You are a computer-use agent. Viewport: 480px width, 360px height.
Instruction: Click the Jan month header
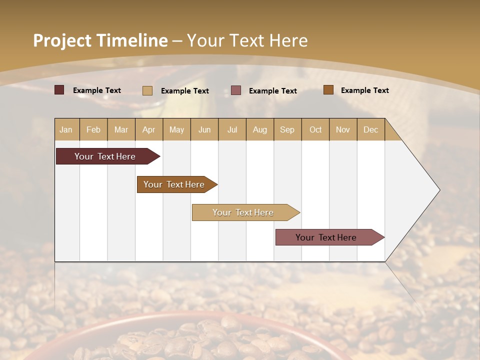(x=66, y=129)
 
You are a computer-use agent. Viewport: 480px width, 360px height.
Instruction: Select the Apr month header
(x=149, y=129)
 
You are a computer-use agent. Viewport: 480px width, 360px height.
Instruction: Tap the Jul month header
(x=232, y=129)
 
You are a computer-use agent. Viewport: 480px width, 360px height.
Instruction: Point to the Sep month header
(x=287, y=129)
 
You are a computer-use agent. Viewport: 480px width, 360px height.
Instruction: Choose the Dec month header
(x=370, y=129)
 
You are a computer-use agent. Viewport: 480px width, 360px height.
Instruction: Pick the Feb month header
(x=93, y=129)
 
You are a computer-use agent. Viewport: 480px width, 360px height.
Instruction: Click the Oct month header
(x=315, y=129)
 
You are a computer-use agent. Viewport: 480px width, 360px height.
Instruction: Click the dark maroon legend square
(x=59, y=90)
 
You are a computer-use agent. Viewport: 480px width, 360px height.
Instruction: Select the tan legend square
(x=147, y=90)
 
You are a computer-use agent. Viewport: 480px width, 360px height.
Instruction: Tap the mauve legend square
(x=236, y=90)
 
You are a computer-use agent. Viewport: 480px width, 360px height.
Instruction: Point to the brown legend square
(x=328, y=90)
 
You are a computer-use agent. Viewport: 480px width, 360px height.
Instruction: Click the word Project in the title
(x=62, y=40)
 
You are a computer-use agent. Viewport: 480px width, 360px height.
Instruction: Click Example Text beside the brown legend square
(x=364, y=90)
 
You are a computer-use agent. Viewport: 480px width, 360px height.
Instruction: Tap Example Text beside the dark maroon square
(x=96, y=90)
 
